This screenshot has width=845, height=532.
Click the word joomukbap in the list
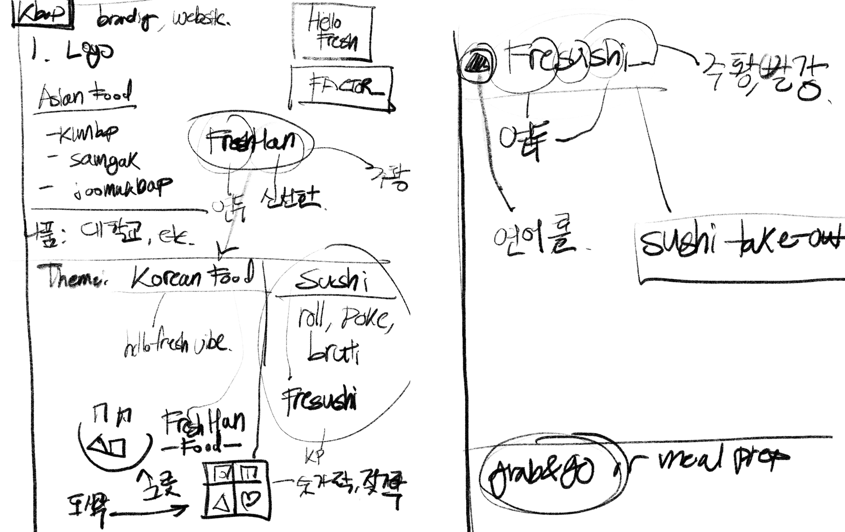[123, 187]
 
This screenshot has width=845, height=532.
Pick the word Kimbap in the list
[86, 134]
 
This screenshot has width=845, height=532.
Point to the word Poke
[365, 318]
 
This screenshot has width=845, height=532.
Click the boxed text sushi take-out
[741, 242]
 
